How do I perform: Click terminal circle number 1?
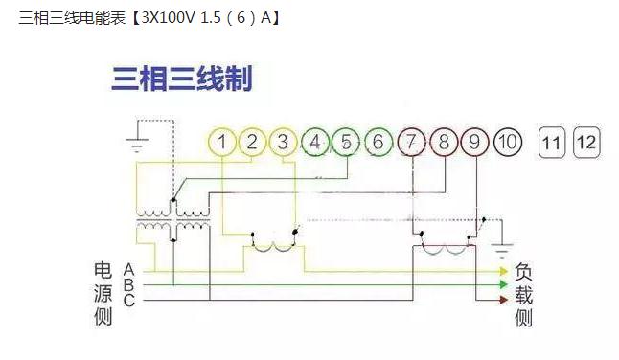pos(221,143)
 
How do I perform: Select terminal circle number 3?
pos(283,143)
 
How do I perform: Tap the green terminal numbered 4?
pos(314,143)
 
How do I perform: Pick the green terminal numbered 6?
pos(378,143)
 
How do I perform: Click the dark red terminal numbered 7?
pos(412,143)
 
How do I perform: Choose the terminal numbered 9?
pos(474,143)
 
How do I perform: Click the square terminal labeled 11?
pos(551,144)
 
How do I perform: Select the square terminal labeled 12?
pos(585,144)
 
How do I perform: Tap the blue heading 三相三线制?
pos(182,79)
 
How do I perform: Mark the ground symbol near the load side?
pos(501,250)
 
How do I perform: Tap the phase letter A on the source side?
pos(128,271)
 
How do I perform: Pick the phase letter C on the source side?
pos(128,301)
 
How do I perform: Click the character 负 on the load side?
pos(523,272)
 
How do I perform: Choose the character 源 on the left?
pos(103,293)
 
